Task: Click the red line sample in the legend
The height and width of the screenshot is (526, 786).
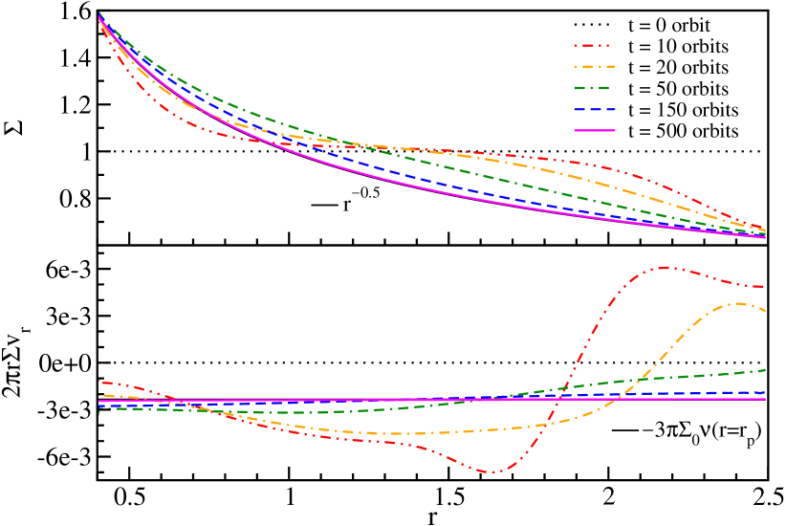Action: coord(594,45)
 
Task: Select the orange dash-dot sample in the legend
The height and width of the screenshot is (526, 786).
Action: coord(594,67)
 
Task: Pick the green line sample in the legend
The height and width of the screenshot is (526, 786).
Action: coord(594,88)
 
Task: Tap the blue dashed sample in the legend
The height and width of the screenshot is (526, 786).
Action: coord(594,109)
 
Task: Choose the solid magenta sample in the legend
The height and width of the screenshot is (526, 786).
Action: coord(594,130)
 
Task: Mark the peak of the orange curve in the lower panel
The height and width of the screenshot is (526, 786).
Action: coord(739,303)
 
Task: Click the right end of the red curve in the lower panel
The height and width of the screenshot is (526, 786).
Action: coord(765,286)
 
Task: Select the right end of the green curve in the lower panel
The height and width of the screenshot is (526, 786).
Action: coord(765,369)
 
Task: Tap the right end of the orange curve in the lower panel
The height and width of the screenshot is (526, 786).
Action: coord(765,312)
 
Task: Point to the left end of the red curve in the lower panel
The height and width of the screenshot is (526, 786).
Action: coord(99,383)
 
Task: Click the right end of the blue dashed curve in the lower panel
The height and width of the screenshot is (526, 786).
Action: coord(765,392)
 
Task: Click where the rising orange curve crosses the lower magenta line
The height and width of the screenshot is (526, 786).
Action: coord(622,399)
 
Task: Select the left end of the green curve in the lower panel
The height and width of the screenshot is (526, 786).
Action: coord(99,409)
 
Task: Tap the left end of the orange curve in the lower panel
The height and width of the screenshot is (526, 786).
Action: coord(99,395)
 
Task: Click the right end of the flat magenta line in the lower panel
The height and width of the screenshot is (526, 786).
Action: coord(765,399)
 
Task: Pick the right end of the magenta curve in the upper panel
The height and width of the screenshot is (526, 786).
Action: coord(765,236)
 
